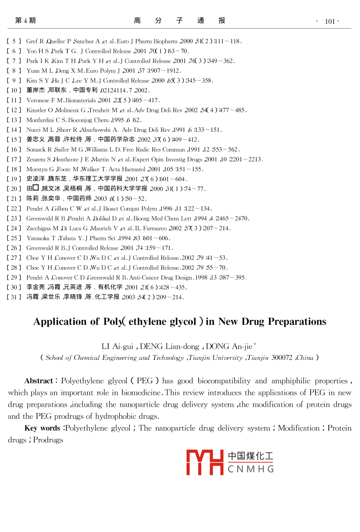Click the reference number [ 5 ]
point(14,41)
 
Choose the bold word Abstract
point(39,381)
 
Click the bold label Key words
point(42,428)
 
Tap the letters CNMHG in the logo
point(250,469)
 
